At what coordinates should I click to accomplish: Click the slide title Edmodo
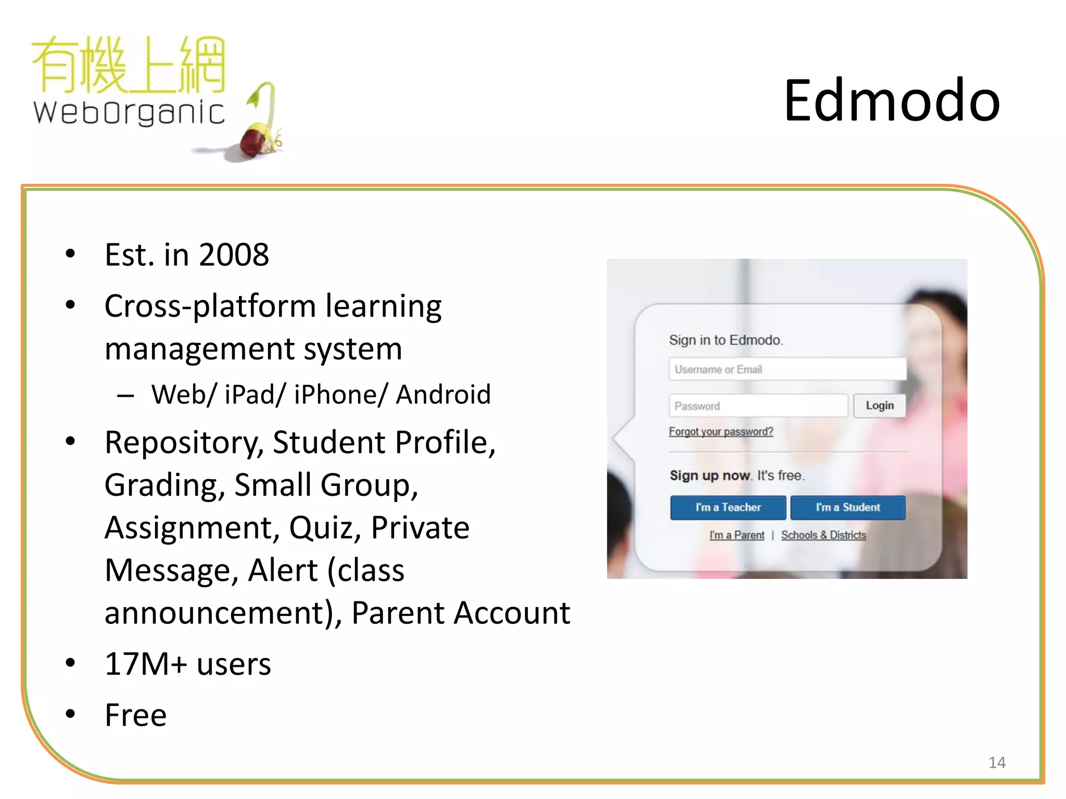pyautogui.click(x=892, y=100)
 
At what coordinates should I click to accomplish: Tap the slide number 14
pyautogui.click(x=997, y=763)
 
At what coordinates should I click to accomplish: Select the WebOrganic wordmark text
pyautogui.click(x=129, y=112)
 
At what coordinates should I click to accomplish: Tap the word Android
pyautogui.click(x=443, y=394)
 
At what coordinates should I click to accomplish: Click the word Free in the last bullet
pyautogui.click(x=136, y=715)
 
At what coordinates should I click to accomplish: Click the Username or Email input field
pyautogui.click(x=787, y=369)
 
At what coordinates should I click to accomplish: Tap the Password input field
pyautogui.click(x=758, y=406)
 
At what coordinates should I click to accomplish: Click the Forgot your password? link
pyautogui.click(x=721, y=432)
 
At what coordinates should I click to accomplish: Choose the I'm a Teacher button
pyautogui.click(x=728, y=507)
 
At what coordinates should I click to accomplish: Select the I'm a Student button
pyautogui.click(x=847, y=507)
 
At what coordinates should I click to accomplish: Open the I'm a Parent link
pyautogui.click(x=737, y=535)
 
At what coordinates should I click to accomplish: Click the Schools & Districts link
pyautogui.click(x=823, y=535)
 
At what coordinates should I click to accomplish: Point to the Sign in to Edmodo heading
pyautogui.click(x=726, y=340)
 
